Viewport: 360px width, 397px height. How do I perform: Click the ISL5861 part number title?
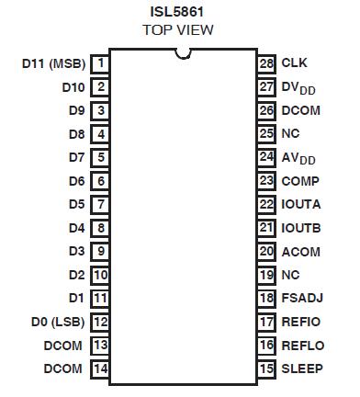click(177, 12)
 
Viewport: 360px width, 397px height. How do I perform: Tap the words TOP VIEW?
click(178, 30)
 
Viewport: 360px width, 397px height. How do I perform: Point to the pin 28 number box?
click(266, 63)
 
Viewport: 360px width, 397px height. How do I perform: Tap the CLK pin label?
click(294, 63)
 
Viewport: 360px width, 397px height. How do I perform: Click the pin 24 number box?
click(266, 157)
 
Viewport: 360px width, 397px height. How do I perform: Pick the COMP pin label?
click(300, 181)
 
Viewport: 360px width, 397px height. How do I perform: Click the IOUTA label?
click(301, 204)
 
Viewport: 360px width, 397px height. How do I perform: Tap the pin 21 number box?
click(266, 228)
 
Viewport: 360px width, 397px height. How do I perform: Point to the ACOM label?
click(301, 251)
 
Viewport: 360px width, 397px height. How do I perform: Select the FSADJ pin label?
click(302, 298)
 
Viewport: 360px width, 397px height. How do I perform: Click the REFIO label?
click(300, 322)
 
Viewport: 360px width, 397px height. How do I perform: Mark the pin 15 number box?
click(266, 369)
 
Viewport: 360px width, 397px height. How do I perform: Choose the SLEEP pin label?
click(301, 369)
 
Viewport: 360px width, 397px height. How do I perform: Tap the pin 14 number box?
click(100, 369)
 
